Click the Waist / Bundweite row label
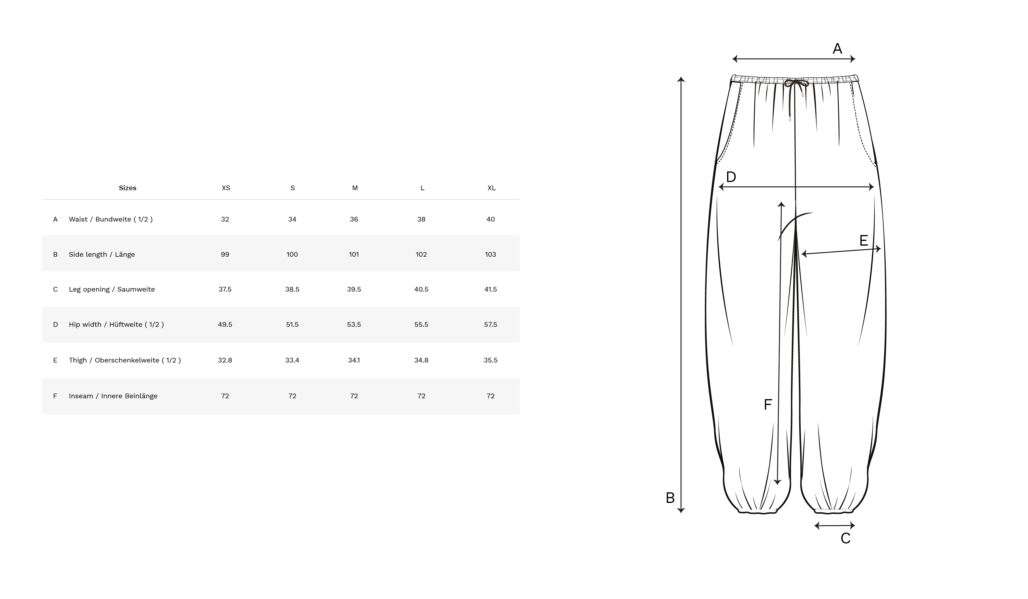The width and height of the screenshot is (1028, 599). point(110,219)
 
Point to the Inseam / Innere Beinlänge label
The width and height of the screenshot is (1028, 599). point(113,396)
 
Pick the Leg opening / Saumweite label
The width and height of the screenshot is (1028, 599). point(112,289)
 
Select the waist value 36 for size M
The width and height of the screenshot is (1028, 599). point(354,219)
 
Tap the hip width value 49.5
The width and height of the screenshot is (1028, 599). point(225,325)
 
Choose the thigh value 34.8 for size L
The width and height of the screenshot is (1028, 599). point(421,360)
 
